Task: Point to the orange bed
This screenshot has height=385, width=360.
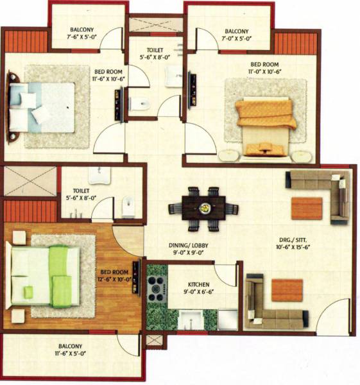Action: (264, 126)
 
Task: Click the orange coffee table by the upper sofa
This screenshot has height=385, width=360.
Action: (307, 208)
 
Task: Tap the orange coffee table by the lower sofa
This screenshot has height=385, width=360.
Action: (286, 290)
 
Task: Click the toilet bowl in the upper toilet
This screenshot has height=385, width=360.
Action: (139, 103)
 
